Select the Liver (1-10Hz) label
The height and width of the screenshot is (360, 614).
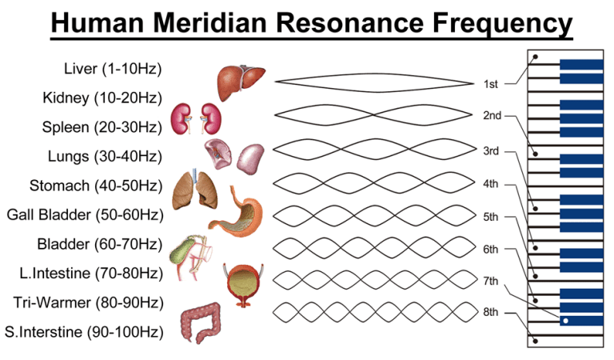coord(113,68)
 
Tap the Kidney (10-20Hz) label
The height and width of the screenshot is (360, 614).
coord(102,98)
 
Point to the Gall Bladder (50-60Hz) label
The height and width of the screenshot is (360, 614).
coord(85,214)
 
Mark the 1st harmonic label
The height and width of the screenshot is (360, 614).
coord(490,83)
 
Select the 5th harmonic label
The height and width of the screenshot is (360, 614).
coord(491,217)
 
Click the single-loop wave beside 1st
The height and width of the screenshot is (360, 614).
coord(374,82)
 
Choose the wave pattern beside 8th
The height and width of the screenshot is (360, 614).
coord(374,310)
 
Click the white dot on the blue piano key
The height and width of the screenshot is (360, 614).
coord(565,321)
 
